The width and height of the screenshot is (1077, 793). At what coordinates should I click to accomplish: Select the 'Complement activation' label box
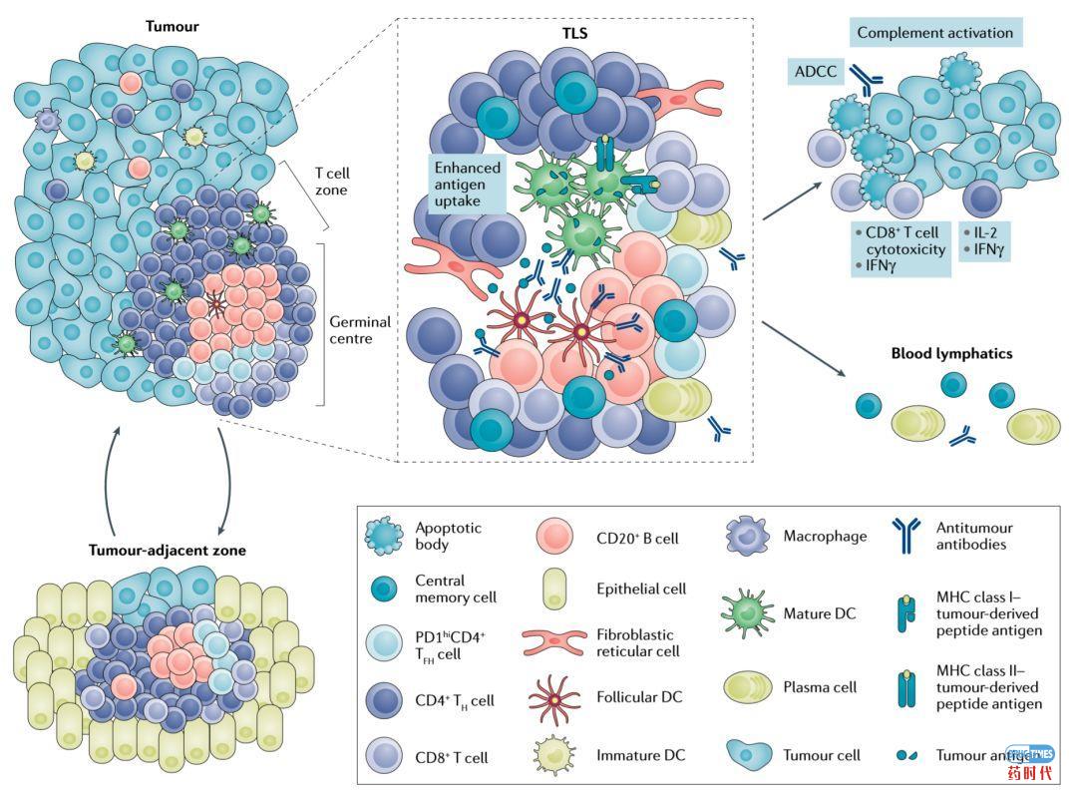934,33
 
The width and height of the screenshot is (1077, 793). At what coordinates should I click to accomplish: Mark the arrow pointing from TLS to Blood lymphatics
803,348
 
